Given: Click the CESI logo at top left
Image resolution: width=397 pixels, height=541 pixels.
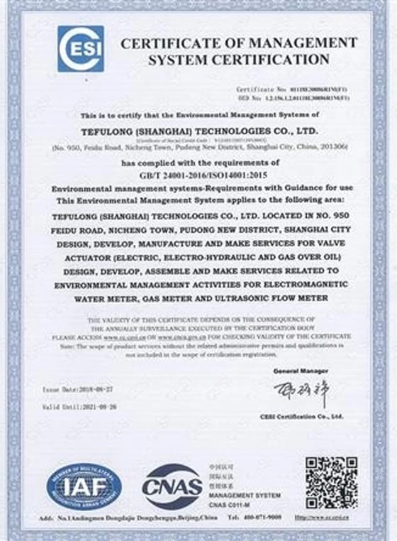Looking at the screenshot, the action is [x=80, y=49].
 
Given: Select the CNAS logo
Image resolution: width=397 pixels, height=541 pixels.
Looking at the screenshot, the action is [x=172, y=486].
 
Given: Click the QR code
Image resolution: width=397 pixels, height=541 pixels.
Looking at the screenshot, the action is [x=332, y=482].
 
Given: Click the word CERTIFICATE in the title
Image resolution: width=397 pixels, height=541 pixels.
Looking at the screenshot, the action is [x=175, y=43].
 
